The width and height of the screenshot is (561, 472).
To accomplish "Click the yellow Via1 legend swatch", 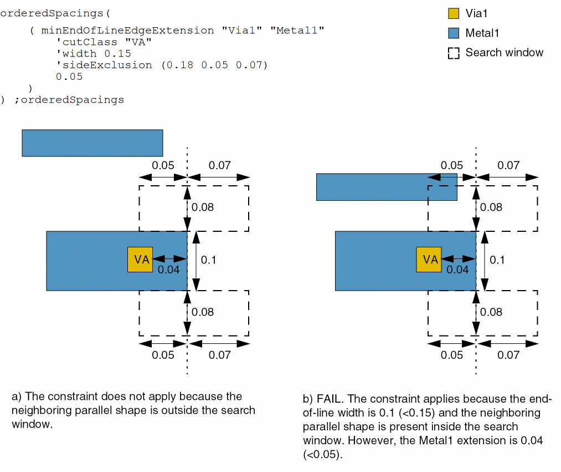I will pyautogui.click(x=454, y=14).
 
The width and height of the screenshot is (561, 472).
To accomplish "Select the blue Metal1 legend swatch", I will pyautogui.click(x=454, y=33).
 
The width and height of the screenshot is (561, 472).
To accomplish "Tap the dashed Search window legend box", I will pyautogui.click(x=454, y=53).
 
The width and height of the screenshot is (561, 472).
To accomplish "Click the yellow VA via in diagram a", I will pyautogui.click(x=140, y=260).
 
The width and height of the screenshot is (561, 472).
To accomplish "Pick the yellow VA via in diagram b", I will pyautogui.click(x=429, y=260).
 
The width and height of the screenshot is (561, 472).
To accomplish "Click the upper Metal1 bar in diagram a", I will pyautogui.click(x=92, y=143).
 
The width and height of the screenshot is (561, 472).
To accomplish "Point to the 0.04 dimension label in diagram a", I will pyautogui.click(x=168, y=270).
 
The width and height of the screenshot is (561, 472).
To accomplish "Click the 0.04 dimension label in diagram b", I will pyautogui.click(x=457, y=270).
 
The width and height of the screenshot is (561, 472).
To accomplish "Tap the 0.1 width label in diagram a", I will pyautogui.click(x=209, y=260).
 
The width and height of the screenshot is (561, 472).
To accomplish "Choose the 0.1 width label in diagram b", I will pyautogui.click(x=498, y=260).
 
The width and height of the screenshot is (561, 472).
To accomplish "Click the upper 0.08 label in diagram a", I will pyautogui.click(x=203, y=207).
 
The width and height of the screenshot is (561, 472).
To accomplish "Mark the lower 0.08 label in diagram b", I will pyautogui.click(x=492, y=312).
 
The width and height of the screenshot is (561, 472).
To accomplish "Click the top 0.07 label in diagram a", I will pyautogui.click(x=220, y=165).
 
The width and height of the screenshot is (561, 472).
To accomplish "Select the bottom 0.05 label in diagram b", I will pyautogui.click(x=452, y=355).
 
